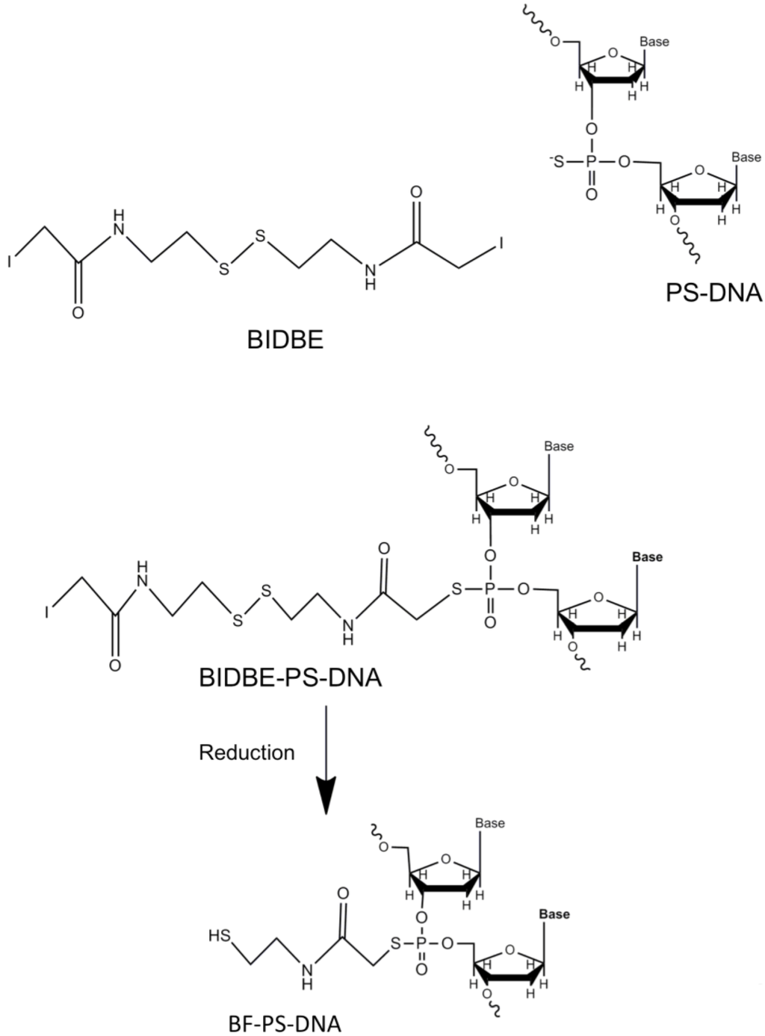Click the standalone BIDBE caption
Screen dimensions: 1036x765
(x=285, y=340)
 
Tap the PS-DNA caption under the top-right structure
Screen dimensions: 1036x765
(x=713, y=291)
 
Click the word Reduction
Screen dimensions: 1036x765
(x=247, y=752)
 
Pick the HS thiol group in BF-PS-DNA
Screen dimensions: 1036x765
(x=219, y=934)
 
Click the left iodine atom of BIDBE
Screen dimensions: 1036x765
(x=11, y=262)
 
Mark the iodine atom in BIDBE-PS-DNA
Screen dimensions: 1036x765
(x=47, y=613)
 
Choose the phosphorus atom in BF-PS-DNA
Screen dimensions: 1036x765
(x=421, y=943)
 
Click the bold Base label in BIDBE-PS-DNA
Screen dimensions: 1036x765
(x=647, y=557)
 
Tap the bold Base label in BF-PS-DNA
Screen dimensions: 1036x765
(x=554, y=914)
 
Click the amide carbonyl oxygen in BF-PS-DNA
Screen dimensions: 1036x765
(x=343, y=893)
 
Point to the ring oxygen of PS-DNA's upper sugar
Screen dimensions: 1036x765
(x=613, y=53)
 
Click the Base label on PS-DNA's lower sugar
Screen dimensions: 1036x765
(x=746, y=157)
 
